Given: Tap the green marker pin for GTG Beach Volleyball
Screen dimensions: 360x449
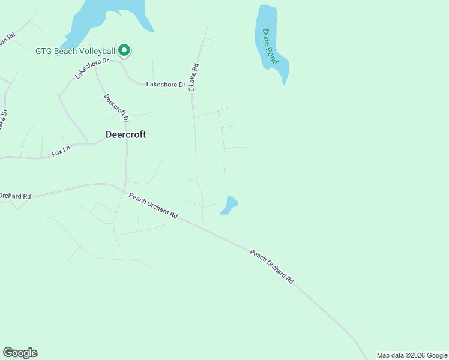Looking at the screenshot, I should click(x=124, y=50).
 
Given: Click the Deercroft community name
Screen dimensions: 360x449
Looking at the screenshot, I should click(x=126, y=134).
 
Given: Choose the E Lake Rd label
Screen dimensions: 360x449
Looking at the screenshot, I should click(x=193, y=77).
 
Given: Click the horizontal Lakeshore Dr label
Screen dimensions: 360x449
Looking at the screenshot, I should click(x=166, y=85).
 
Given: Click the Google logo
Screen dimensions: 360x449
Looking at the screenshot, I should click(x=20, y=353).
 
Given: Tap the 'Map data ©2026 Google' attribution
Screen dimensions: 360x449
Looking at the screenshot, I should click(x=412, y=355).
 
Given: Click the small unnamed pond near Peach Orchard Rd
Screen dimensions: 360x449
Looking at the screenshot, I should click(x=229, y=204).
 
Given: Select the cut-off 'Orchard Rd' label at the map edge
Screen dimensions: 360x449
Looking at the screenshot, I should click(x=15, y=196).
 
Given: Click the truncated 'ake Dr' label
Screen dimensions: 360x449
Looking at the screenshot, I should click(x=4, y=119).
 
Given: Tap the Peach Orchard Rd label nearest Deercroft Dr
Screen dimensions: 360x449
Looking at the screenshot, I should click(x=154, y=205).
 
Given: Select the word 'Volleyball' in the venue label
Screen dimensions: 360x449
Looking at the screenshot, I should click(x=97, y=51).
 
